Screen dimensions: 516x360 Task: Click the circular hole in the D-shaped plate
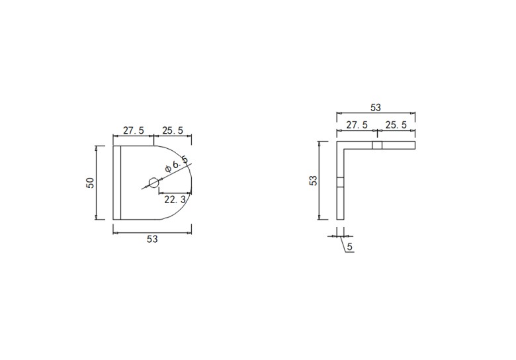pos(153,182)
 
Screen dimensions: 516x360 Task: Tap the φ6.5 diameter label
pos(177,163)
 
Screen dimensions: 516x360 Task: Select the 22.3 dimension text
pos(175,199)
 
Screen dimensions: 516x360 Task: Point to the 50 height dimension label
pos(90,183)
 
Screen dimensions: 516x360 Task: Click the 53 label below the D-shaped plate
pos(152,240)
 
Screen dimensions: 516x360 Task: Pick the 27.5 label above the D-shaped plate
pos(134,130)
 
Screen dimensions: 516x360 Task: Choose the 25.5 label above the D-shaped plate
pos(173,130)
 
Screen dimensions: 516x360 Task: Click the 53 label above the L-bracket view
pos(376,108)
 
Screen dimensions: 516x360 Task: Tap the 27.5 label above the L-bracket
pos(357,125)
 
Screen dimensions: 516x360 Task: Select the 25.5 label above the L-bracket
pos(396,125)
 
